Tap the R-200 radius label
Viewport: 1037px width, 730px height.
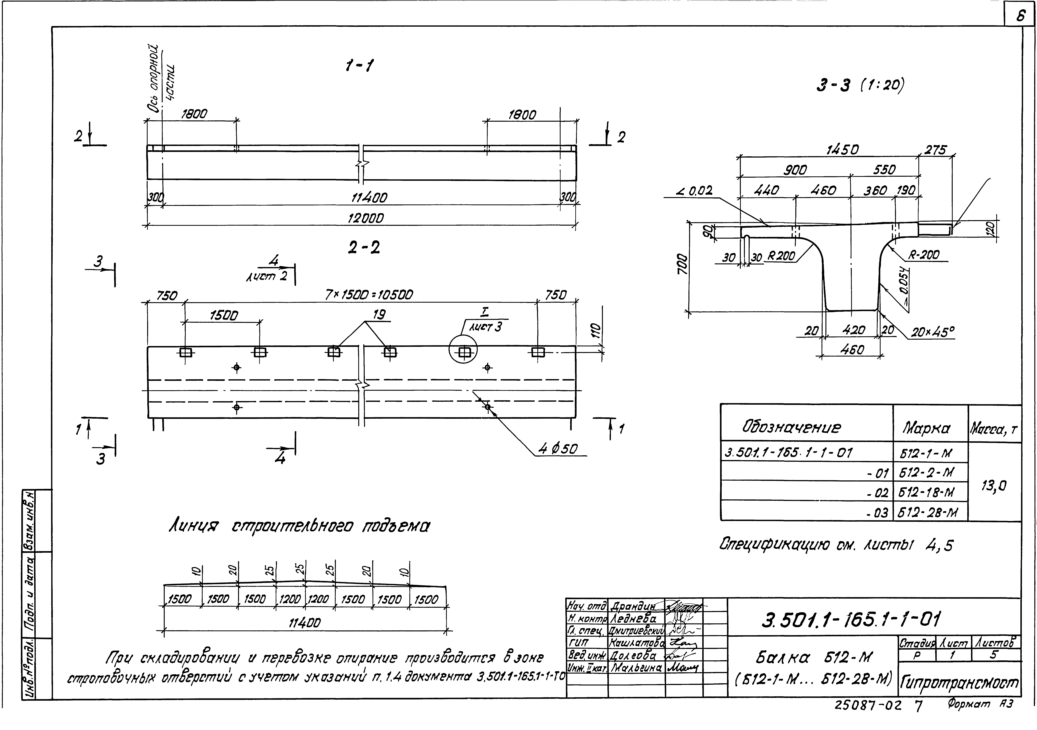(x=924, y=255)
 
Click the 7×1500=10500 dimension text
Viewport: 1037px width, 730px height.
(x=369, y=295)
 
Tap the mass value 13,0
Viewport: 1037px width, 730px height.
(x=994, y=486)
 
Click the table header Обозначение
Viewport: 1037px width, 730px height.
(x=791, y=427)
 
